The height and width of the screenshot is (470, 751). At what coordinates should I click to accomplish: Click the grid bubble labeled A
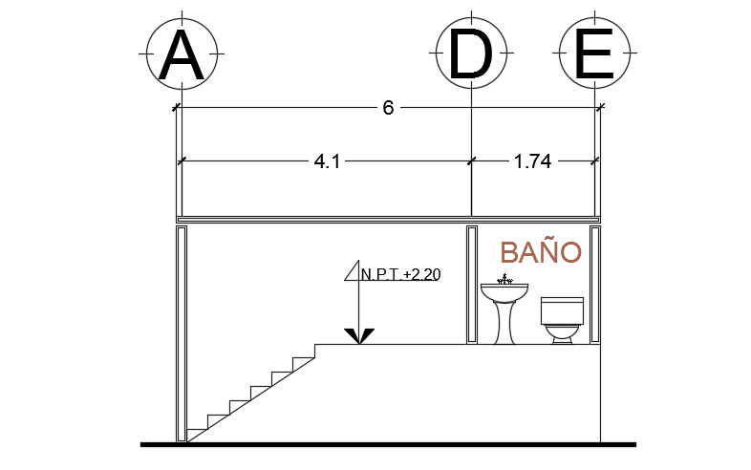tap(182, 54)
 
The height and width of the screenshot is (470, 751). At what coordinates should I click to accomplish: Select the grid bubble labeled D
tap(470, 54)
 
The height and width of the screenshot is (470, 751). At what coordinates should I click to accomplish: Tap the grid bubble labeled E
tap(596, 54)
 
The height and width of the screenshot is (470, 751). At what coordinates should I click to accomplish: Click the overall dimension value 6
tap(388, 108)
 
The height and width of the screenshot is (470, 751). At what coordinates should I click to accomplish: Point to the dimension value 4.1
tap(327, 162)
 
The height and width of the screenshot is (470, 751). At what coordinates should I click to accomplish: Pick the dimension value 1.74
tap(532, 162)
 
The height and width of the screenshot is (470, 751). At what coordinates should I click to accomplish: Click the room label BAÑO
tap(541, 252)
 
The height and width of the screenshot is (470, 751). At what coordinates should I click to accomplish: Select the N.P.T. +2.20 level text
tap(400, 275)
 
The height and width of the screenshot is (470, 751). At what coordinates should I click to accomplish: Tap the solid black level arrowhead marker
tap(359, 335)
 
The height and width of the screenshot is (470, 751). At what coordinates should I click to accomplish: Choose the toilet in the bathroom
tap(562, 321)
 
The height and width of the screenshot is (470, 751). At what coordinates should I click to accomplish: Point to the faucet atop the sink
tap(504, 280)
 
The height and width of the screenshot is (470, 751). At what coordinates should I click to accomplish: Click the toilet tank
tap(562, 310)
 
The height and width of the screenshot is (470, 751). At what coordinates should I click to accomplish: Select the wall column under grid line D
tap(471, 285)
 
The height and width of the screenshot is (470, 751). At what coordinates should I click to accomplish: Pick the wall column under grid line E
tap(595, 285)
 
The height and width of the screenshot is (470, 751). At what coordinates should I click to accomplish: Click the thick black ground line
tap(388, 444)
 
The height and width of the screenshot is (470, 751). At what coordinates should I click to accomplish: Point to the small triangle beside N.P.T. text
tap(351, 273)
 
